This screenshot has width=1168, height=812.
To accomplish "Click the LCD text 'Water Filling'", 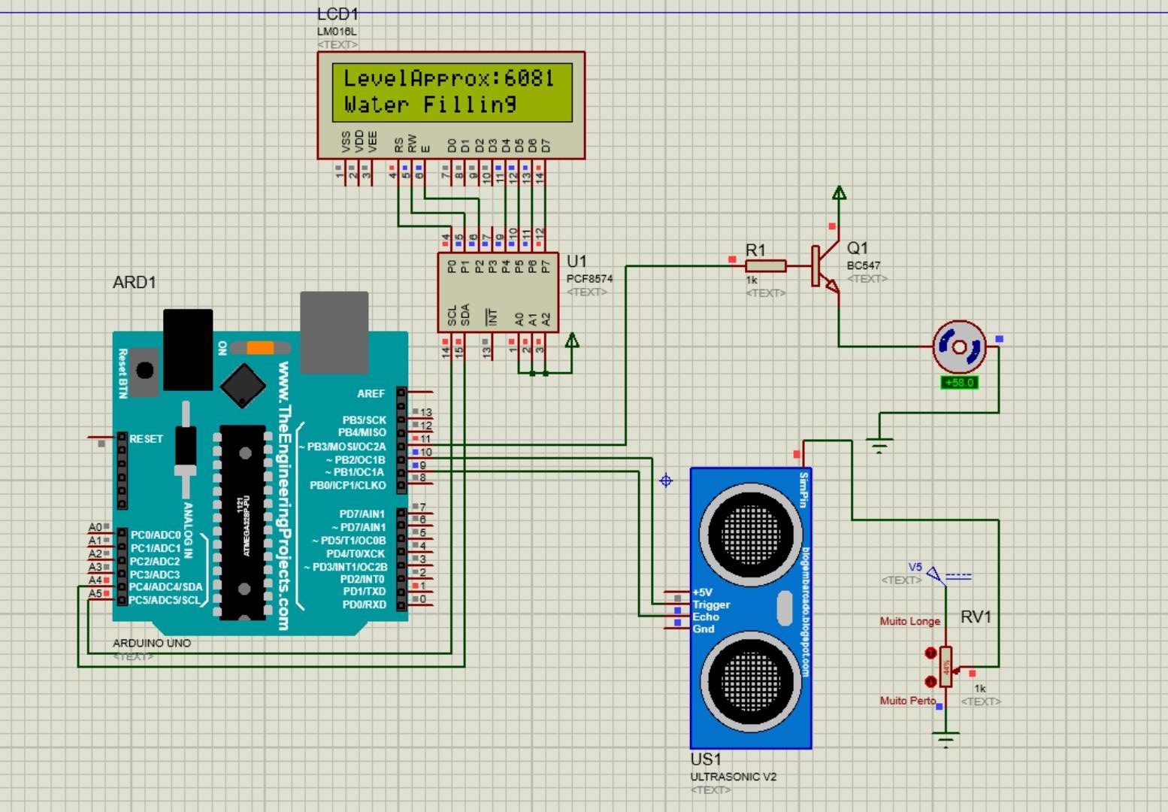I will (430, 105).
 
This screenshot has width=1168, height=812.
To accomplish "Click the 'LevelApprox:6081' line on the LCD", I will (449, 78).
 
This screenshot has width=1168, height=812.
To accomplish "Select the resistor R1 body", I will (765, 265).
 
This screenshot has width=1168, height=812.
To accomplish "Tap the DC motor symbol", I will (959, 347).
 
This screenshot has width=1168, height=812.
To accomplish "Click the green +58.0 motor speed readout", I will (959, 383).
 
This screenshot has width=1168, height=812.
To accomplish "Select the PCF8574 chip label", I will (589, 278).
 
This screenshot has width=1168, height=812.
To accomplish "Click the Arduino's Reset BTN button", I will (144, 370).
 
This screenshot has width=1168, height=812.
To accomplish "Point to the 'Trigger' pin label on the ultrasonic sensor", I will (711, 604).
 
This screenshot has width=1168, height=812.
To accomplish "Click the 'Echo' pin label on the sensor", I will (706, 617).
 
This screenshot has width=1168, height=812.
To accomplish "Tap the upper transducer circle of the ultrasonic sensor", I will (750, 533).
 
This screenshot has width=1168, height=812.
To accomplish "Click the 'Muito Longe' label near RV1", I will (909, 621).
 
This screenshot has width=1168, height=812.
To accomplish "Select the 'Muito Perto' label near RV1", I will (907, 700).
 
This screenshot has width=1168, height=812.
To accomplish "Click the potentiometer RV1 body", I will (946, 666).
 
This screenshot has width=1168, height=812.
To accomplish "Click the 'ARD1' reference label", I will (134, 283).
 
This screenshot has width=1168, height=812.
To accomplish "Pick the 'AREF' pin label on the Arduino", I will (371, 393).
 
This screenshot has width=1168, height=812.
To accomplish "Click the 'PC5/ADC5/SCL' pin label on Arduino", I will (165, 600).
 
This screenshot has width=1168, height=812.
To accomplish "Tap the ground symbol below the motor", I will (879, 445).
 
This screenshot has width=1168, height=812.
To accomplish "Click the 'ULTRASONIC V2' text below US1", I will (733, 777).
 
